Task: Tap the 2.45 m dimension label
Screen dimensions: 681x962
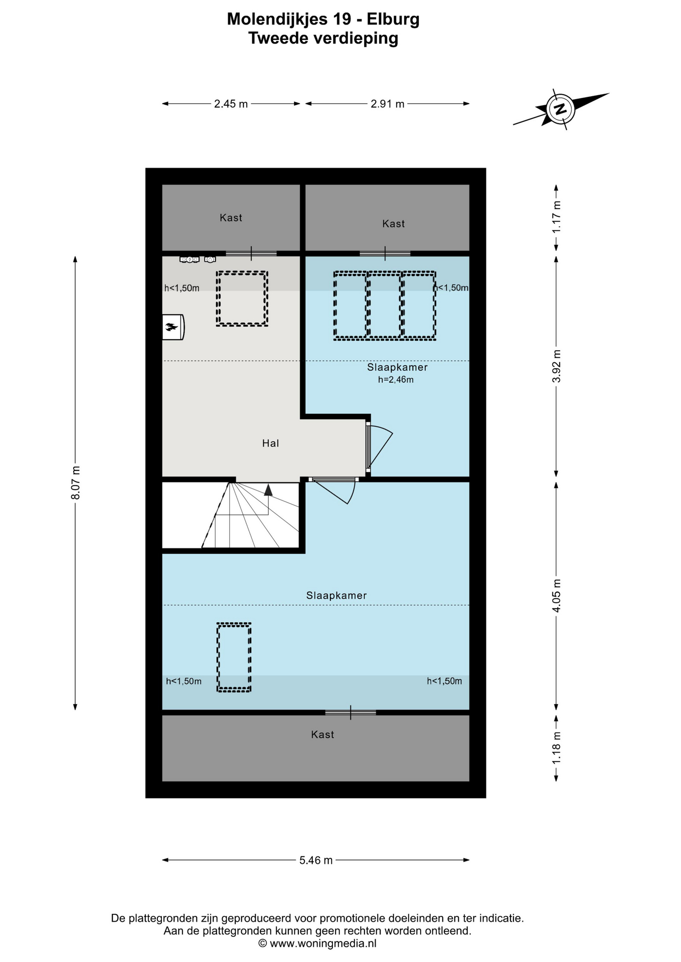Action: (x=231, y=104)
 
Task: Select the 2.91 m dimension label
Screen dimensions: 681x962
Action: (x=388, y=104)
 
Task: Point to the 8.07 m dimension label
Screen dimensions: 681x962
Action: (x=75, y=483)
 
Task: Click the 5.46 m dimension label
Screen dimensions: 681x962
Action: (x=316, y=860)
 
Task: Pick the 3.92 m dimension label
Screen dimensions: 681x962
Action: (x=556, y=366)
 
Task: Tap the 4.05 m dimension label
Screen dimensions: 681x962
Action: (x=556, y=595)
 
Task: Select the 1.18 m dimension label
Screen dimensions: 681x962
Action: (x=556, y=748)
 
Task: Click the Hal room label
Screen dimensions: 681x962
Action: (x=270, y=443)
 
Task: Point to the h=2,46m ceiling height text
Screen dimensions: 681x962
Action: (x=396, y=380)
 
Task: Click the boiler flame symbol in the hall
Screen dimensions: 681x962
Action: (x=172, y=327)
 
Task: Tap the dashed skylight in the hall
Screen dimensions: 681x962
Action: (x=242, y=299)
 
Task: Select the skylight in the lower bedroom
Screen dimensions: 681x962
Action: (x=234, y=657)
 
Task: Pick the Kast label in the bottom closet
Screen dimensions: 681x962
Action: (x=322, y=735)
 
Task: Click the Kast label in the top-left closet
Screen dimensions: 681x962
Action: (x=231, y=217)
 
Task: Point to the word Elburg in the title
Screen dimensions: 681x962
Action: (x=393, y=19)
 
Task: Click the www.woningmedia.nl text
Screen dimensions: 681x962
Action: (x=323, y=943)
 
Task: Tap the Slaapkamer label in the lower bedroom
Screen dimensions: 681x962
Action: (x=336, y=595)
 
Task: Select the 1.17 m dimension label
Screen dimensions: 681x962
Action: (x=556, y=216)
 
